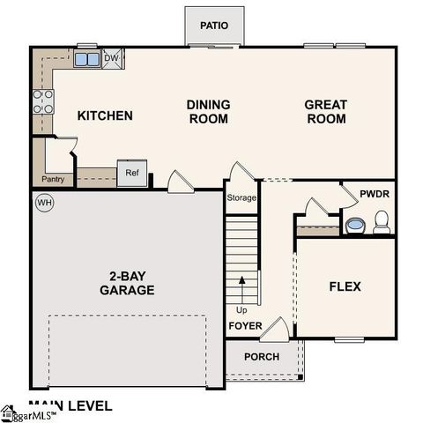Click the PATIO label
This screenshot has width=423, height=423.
point(214,26)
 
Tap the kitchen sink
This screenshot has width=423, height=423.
point(86,60)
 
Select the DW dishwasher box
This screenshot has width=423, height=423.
point(111,59)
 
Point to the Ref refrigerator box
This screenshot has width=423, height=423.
point(131,173)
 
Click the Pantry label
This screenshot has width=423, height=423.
point(52,180)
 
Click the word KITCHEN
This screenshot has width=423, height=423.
point(105,115)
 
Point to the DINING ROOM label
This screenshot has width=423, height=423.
point(208,111)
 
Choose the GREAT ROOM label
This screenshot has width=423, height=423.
point(325,111)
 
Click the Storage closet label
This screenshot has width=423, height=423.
point(241,197)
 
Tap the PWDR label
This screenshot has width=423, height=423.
point(374,194)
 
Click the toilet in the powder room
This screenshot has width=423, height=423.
point(382,226)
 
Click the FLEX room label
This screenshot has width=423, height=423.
point(345,286)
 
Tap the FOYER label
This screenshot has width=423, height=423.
point(245,325)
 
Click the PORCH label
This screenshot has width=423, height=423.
point(262,357)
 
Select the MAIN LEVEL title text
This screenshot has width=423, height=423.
point(70,406)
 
